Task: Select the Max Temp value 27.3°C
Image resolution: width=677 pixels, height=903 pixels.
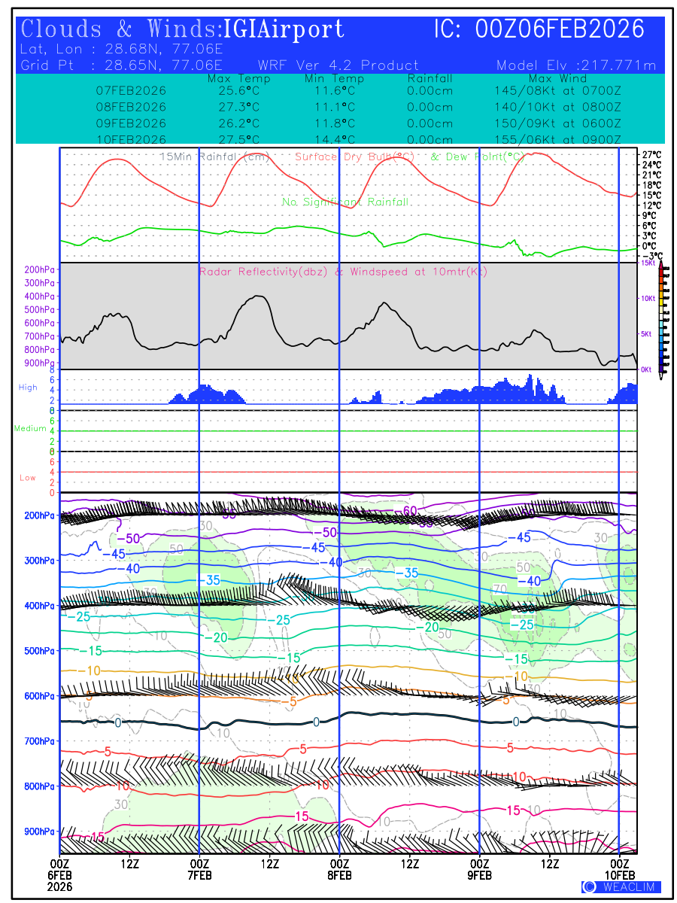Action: coord(234,107)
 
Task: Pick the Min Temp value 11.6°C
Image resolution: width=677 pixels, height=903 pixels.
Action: coord(330,90)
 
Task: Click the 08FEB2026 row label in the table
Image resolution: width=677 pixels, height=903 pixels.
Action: coord(132,107)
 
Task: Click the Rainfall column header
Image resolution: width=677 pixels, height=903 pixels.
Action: coord(430,79)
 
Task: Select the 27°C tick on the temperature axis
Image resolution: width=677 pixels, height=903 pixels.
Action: coord(651,154)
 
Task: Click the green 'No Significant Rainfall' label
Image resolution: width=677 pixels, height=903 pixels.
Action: coord(345,202)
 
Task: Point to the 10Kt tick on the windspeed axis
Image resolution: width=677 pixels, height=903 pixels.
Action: coord(648,299)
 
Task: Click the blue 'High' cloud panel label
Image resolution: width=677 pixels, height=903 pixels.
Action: coord(28,388)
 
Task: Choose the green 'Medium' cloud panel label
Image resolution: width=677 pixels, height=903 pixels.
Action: coord(30,429)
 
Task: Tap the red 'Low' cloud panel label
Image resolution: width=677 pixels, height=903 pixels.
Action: coord(28,478)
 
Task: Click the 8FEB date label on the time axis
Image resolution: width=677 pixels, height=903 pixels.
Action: coord(339,875)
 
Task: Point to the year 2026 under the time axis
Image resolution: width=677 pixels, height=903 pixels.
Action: coord(59,887)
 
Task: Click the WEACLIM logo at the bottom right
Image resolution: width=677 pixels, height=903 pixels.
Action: coord(621,887)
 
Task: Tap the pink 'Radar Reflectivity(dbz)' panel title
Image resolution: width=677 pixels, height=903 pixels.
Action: coord(263,272)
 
